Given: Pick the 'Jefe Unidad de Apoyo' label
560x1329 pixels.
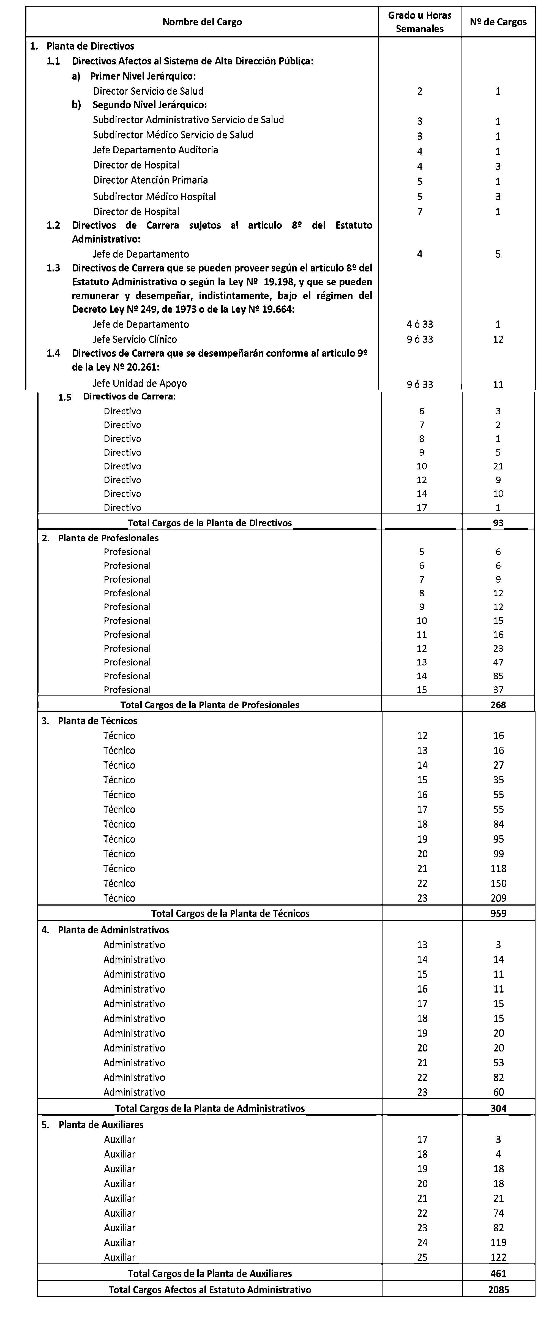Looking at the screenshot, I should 140,383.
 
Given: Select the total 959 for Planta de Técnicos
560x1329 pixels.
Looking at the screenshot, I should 498,913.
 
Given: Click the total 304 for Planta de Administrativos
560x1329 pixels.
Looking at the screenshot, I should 498,1108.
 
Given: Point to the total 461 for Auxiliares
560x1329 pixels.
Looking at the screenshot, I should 498,1273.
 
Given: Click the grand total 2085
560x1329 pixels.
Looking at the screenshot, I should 498,1290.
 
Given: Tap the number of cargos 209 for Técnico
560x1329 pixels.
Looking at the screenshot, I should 498,898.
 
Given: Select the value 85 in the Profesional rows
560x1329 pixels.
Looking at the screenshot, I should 498,676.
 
